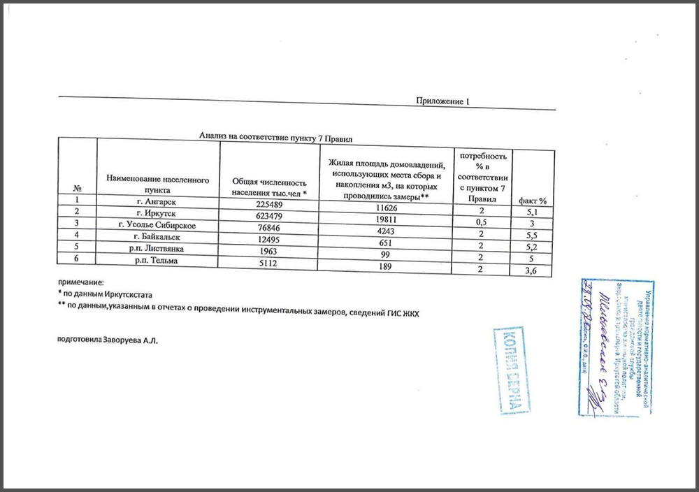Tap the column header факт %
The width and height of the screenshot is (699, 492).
coord(532,201)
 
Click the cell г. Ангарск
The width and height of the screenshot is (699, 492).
coord(157,202)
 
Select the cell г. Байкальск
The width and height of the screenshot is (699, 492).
coord(157,237)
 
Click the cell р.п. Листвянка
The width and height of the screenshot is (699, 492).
coord(157,249)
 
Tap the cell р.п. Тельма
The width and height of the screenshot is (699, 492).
coord(157,261)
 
